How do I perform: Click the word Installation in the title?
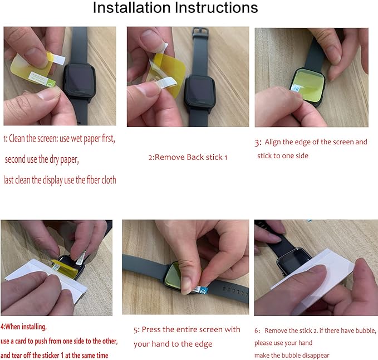pyautogui.click(x=131, y=7)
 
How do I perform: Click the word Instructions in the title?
pyautogui.click(x=217, y=7)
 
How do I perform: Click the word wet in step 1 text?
pyautogui.click(x=77, y=139)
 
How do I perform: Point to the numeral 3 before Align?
pyautogui.click(x=257, y=143)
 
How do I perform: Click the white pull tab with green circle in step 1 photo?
pyautogui.click(x=42, y=79)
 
